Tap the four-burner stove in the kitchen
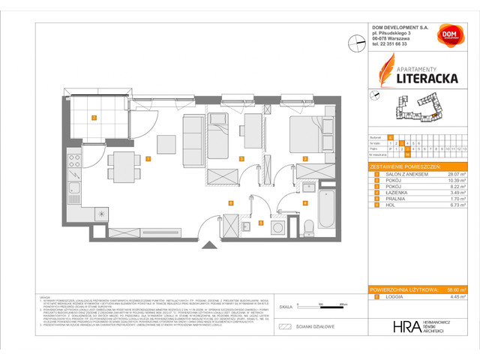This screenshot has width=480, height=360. [74, 159]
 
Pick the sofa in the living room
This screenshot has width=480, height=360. [192, 138]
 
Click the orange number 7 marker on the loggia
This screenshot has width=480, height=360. [94, 118]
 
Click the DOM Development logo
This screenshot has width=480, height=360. [449, 38]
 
